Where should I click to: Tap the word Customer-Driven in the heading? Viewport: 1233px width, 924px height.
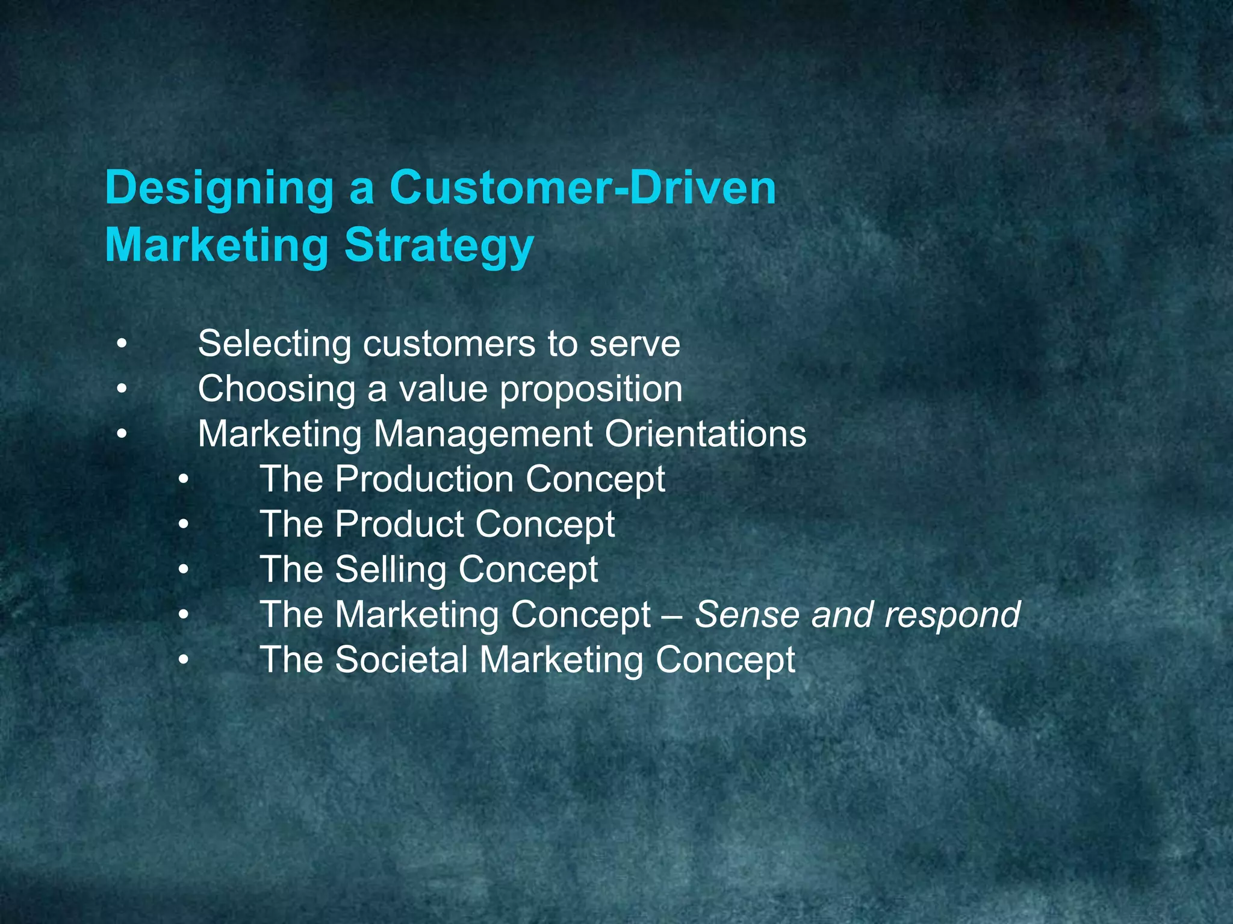point(583,188)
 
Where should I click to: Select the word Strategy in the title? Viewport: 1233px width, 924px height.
point(439,247)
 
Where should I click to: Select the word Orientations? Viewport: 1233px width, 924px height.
point(705,434)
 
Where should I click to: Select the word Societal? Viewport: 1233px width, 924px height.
point(402,660)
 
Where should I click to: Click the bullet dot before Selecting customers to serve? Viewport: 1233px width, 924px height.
point(122,345)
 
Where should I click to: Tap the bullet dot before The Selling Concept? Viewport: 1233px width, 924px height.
point(184,569)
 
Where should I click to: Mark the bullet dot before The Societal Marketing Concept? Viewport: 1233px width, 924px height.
point(184,659)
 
